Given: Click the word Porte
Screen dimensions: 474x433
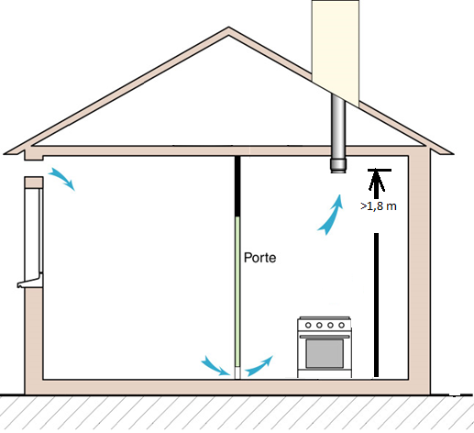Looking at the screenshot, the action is coord(259,258).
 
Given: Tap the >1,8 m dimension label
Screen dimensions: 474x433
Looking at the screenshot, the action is coord(379,206).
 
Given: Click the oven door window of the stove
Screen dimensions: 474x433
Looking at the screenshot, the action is coord(325,353).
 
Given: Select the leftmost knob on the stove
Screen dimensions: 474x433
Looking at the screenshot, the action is coord(308,326).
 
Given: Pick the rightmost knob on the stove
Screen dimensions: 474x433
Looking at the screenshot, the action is coord(341,326).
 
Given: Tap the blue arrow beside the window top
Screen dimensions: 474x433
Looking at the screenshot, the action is coord(62,178).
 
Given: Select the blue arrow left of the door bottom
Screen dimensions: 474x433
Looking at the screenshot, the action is coord(215,366).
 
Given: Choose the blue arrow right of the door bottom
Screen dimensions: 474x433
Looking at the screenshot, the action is coord(259,366).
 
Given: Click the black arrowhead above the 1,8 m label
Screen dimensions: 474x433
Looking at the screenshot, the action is coord(376,181).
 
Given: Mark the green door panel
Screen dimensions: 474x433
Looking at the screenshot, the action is coord(237,292).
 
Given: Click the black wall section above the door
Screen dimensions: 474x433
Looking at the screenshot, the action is coord(237,186).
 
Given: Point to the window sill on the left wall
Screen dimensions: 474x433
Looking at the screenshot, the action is coord(29,282).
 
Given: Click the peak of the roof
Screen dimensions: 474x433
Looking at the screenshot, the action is coord(228,28).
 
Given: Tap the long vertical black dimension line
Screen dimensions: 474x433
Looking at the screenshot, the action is coord(376,305).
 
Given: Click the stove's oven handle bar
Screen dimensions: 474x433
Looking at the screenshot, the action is coord(325,337).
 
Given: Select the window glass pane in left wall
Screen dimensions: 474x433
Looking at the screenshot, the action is coord(32,231).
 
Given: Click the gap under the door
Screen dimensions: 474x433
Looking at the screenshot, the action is coord(237,372).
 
